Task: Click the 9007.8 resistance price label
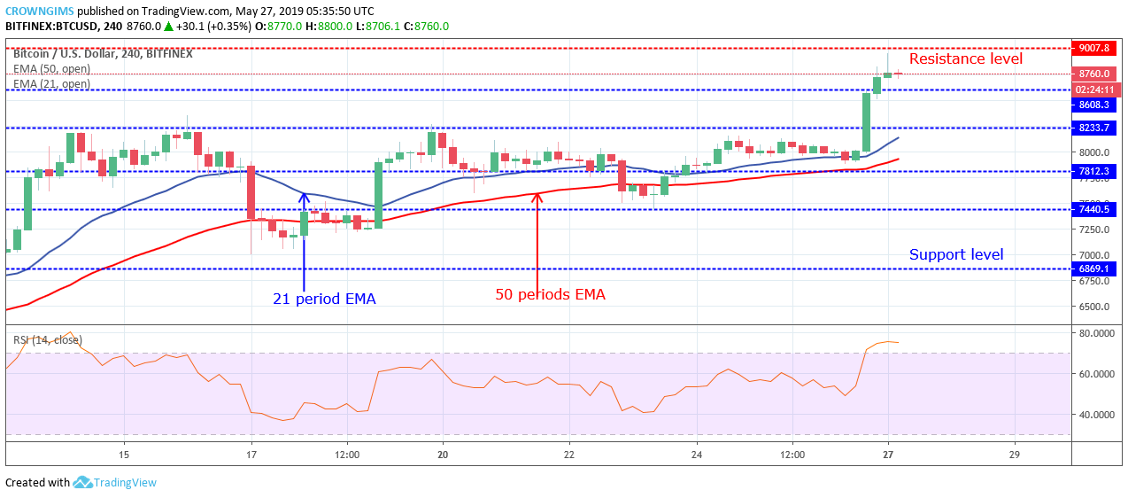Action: click(x=1095, y=48)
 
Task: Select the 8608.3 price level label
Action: click(x=1095, y=105)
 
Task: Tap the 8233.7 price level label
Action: click(x=1095, y=128)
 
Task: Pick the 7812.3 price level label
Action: click(x=1095, y=171)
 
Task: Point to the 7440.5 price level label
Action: click(x=1095, y=209)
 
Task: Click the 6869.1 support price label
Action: click(x=1095, y=268)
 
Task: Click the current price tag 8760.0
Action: click(x=1095, y=74)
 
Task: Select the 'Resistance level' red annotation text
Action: click(x=965, y=59)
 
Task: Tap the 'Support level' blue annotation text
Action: click(x=956, y=255)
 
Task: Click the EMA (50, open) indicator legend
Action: click(x=51, y=69)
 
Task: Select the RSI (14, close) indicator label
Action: click(x=47, y=340)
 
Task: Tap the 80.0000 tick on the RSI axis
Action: click(x=1094, y=333)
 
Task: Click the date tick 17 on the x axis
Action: click(x=251, y=455)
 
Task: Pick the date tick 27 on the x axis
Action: click(x=888, y=455)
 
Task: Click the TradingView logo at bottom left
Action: click(x=115, y=483)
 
